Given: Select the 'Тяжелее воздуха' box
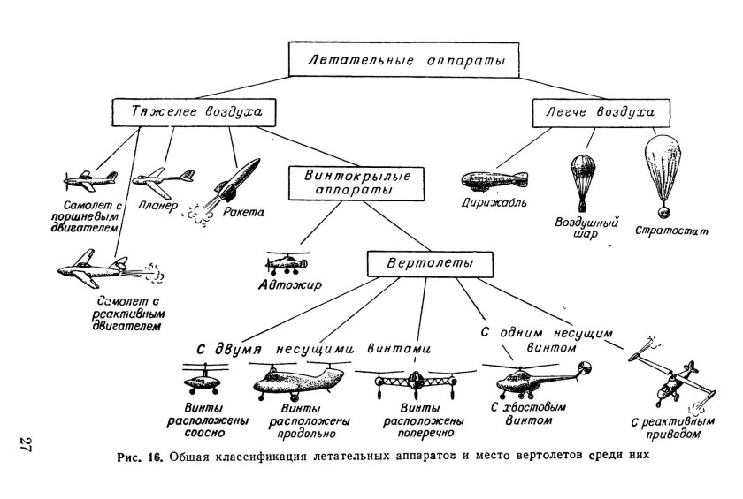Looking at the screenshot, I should [x=190, y=113].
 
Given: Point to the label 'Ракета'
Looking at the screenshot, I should [x=244, y=213].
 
